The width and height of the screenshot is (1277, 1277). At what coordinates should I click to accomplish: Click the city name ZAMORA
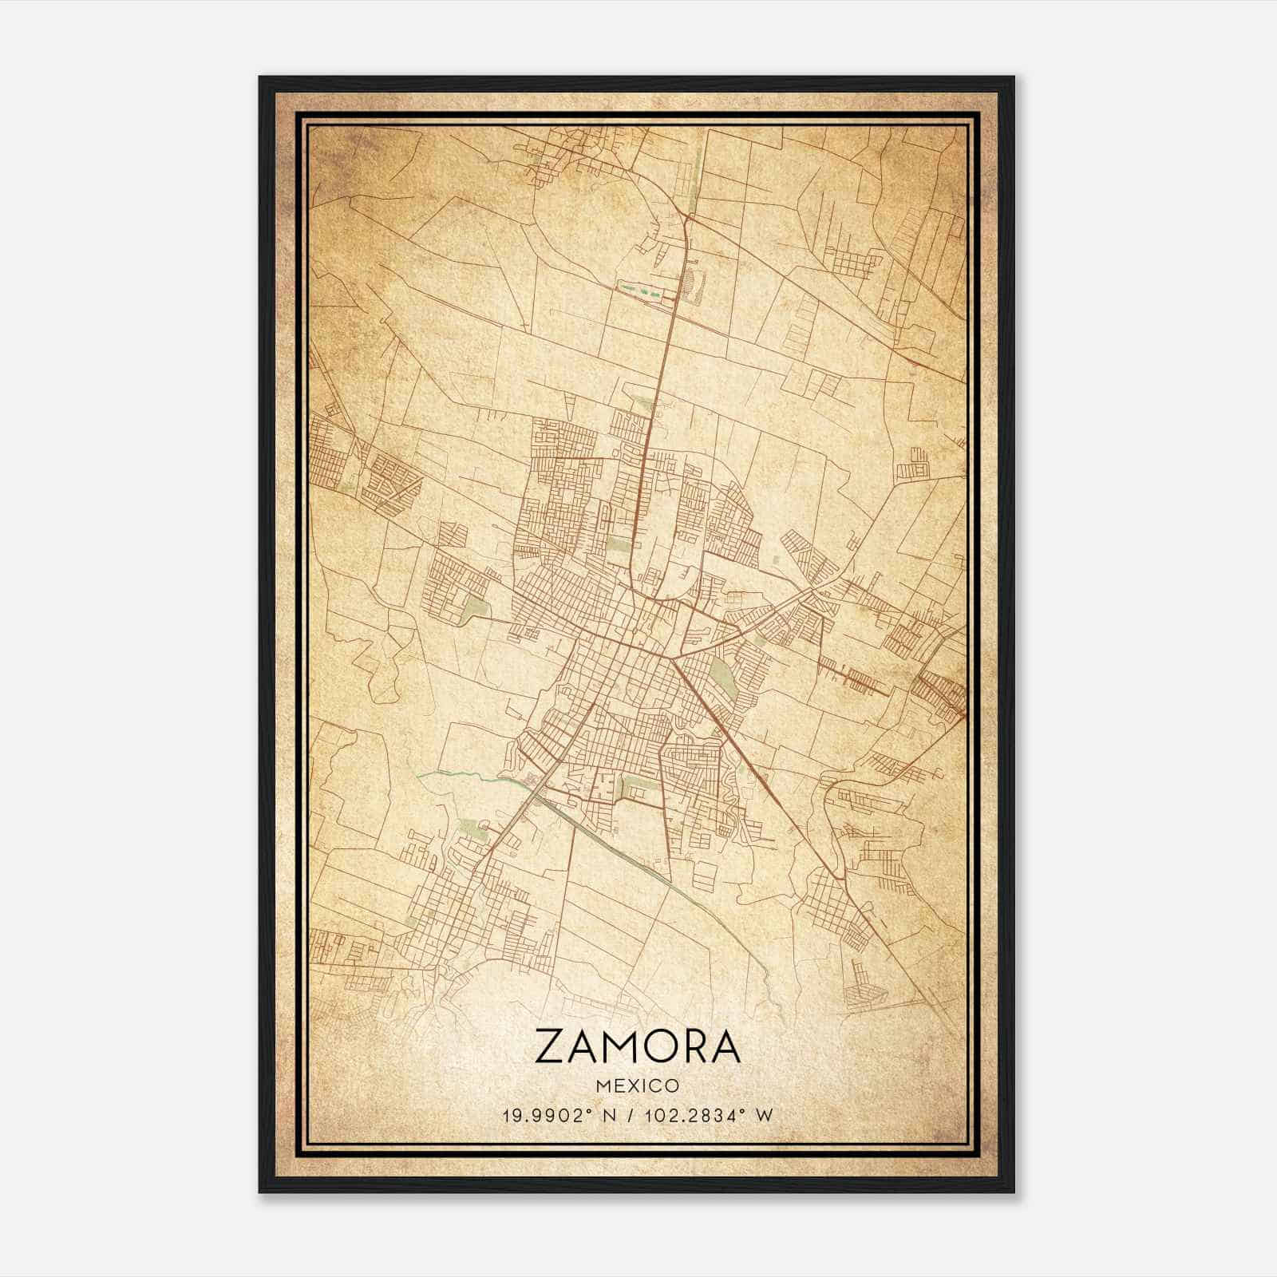coord(638,1046)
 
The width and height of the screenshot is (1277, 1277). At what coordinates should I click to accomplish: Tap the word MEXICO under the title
coord(638,1086)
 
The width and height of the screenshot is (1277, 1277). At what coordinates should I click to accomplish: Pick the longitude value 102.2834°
coord(696,1116)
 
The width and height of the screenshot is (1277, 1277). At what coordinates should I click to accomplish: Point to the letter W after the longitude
coord(765,1116)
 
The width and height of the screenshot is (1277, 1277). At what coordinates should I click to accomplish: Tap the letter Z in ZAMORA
coord(551,1046)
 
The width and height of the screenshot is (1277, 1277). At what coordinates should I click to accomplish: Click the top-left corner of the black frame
coord(260,77)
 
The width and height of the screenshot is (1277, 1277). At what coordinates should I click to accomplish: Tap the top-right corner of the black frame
coord(1014,77)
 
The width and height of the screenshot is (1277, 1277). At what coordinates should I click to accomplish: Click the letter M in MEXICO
coord(603,1086)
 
